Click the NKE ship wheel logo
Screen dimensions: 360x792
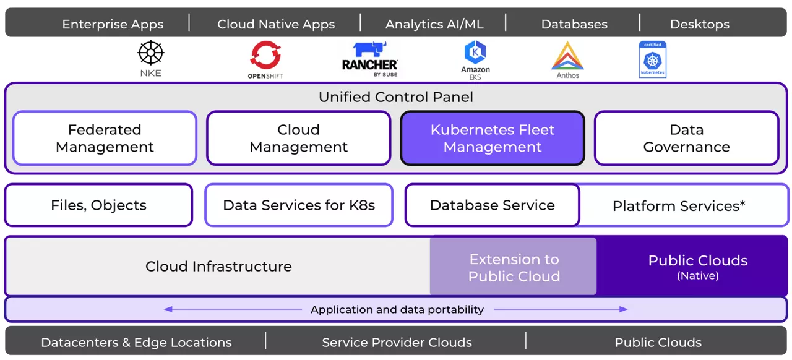tap(150, 53)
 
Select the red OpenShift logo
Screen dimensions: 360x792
tap(265, 54)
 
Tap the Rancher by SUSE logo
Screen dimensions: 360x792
tap(370, 59)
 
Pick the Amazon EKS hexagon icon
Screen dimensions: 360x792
tap(475, 53)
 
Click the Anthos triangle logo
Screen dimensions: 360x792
tap(567, 56)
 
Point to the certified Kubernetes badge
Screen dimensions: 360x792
tap(653, 59)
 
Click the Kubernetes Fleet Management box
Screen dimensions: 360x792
tap(493, 138)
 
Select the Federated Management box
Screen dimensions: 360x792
tap(105, 138)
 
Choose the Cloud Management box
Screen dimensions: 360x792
tap(298, 138)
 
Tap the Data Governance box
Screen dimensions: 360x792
tap(686, 138)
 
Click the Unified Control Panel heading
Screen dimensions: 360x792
tap(396, 97)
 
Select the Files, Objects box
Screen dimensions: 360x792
tap(99, 205)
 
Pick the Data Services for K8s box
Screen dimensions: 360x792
tap(299, 205)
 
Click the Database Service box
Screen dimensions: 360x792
tap(493, 205)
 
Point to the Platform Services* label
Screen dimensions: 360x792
tap(679, 206)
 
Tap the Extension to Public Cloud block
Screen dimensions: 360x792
tap(514, 267)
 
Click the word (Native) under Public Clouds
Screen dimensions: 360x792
tap(698, 276)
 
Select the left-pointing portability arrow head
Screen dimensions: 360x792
tap(168, 309)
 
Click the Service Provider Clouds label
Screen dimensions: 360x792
tap(397, 343)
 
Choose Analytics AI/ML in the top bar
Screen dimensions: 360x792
tap(434, 25)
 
